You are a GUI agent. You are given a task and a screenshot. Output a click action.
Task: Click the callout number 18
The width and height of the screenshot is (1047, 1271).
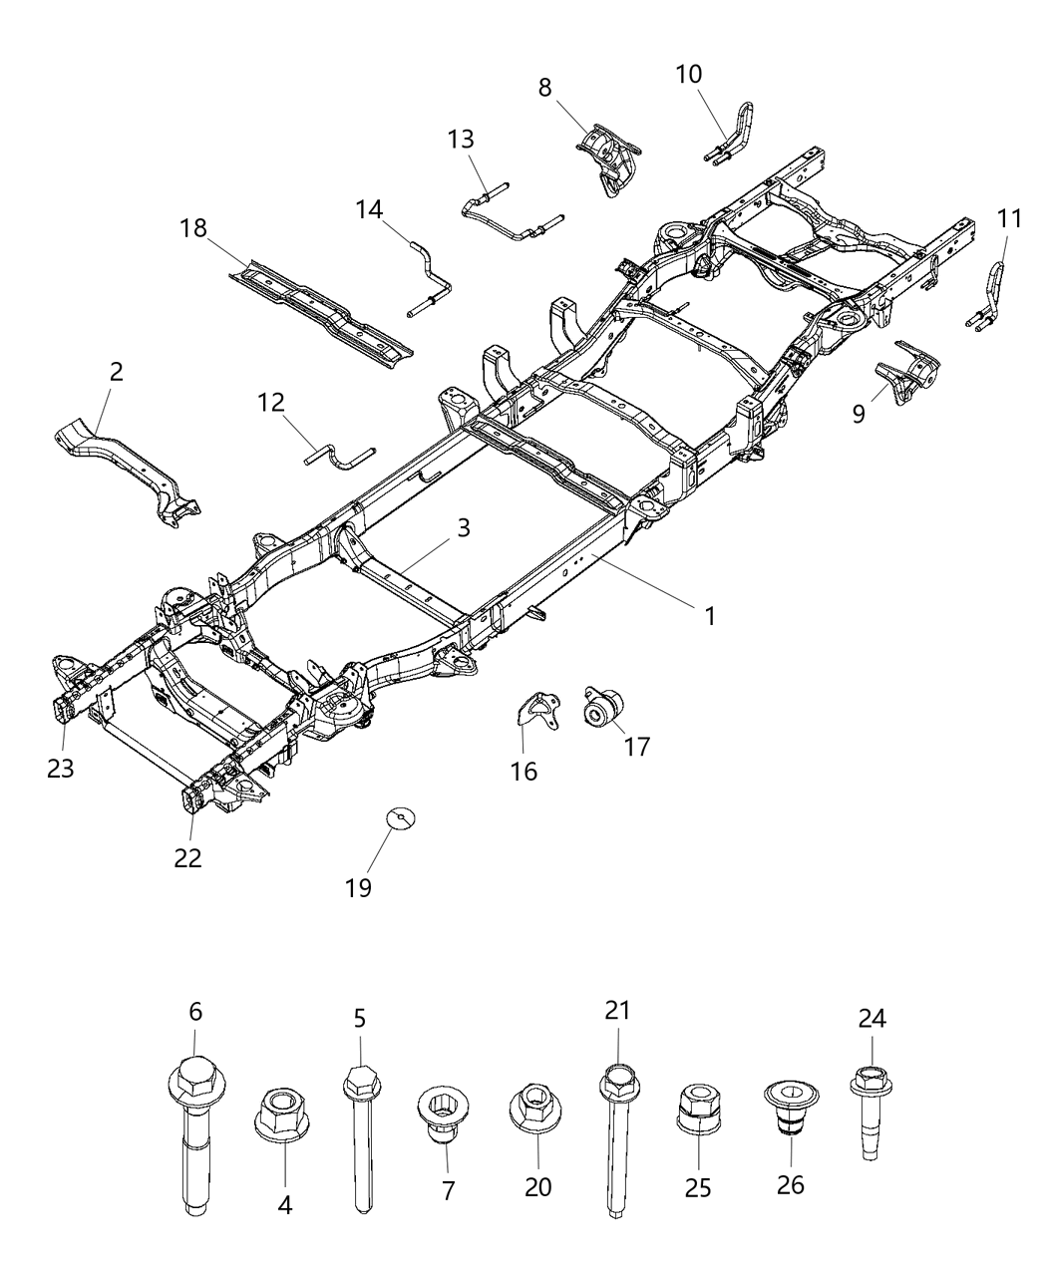click(x=193, y=228)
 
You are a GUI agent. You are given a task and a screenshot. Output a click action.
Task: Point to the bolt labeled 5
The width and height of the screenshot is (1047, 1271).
click(x=361, y=1136)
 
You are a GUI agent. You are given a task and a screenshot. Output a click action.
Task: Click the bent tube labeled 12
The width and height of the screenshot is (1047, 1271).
click(x=337, y=460)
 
